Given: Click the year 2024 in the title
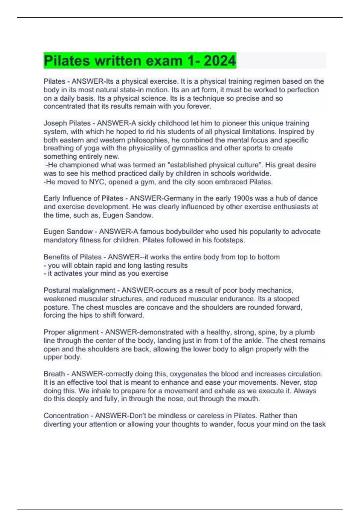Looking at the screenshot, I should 220,61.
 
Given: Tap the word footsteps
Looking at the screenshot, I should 230,240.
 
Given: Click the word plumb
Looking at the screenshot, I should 305,332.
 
